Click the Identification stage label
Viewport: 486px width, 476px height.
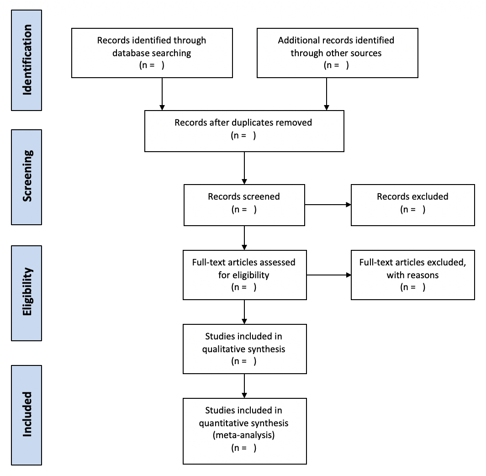[27, 60]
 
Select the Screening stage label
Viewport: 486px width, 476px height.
[27, 176]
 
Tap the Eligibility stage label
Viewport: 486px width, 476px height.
[27, 291]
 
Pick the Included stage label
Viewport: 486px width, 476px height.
[27, 414]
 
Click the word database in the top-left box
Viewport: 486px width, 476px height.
[131, 53]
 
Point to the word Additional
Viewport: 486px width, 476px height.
[299, 40]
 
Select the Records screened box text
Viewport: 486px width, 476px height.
[244, 203]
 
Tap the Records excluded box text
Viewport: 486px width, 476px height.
[412, 203]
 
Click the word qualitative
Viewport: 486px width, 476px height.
[220, 349]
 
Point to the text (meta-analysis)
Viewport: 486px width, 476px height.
[243, 435]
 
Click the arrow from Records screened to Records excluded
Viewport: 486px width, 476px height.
[328, 205]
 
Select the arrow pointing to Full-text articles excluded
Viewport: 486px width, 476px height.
[329, 275]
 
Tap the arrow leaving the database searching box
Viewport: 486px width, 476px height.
[162, 94]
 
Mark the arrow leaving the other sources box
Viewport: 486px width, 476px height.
[327, 94]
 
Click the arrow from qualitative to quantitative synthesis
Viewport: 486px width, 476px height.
[244, 386]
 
